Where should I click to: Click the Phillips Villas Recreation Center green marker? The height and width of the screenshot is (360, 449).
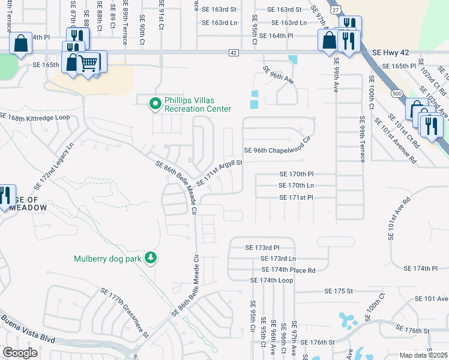pyautogui.click(x=155, y=104)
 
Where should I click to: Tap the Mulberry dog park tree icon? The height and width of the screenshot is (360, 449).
pyautogui.click(x=151, y=259)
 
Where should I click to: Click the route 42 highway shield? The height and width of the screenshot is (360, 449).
pyautogui.click(x=232, y=53)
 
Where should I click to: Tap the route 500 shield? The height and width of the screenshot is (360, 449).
pyautogui.click(x=396, y=94)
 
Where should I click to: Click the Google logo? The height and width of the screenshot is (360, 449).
pyautogui.click(x=20, y=353)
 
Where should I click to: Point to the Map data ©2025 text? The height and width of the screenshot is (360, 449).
pyautogui.click(x=423, y=355)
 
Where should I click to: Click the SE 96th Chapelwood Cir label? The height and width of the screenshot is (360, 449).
pyautogui.click(x=277, y=150)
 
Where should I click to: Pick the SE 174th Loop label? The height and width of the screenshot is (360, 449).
pyautogui.click(x=271, y=280)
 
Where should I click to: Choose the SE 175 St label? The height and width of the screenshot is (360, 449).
pyautogui.click(x=337, y=290)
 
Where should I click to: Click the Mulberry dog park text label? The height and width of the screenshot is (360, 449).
pyautogui.click(x=107, y=259)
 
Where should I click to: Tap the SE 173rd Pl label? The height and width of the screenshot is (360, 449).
pyautogui.click(x=262, y=247)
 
